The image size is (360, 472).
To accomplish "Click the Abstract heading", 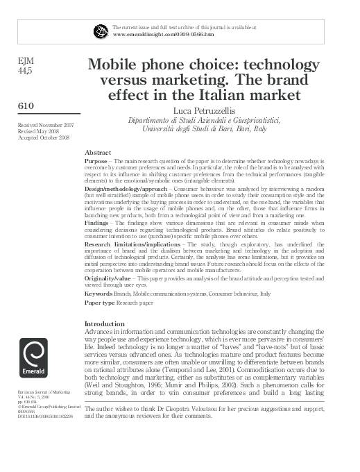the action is pyautogui.click(x=98, y=152).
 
